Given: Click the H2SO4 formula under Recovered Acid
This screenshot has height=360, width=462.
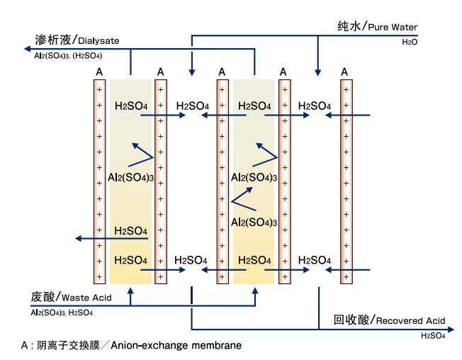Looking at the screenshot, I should (x=433, y=336).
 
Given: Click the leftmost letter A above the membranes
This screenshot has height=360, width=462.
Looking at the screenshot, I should (x=100, y=72).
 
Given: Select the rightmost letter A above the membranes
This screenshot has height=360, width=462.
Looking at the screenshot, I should (x=344, y=72).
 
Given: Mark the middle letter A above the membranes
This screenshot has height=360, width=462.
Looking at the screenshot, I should (x=222, y=72).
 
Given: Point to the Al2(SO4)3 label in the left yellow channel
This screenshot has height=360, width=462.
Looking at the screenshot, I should (x=131, y=176).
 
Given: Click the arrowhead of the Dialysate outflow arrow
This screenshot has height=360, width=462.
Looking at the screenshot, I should (x=26, y=50).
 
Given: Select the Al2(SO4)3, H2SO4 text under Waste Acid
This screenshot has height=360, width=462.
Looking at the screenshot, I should (x=61, y=312).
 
